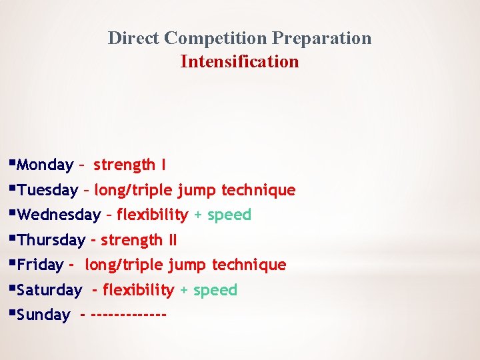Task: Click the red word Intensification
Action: (x=239, y=62)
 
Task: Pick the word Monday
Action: (x=45, y=165)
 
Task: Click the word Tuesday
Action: (x=48, y=190)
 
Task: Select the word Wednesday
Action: (x=59, y=215)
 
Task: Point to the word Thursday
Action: (x=51, y=240)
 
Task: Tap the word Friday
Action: (x=41, y=265)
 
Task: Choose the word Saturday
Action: (x=50, y=290)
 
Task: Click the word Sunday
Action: (x=44, y=315)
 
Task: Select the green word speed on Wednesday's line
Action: (x=229, y=215)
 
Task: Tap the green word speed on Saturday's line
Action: (x=215, y=290)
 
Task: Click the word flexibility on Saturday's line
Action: (x=138, y=290)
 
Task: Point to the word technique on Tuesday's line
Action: (x=258, y=190)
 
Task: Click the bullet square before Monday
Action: (x=13, y=162)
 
